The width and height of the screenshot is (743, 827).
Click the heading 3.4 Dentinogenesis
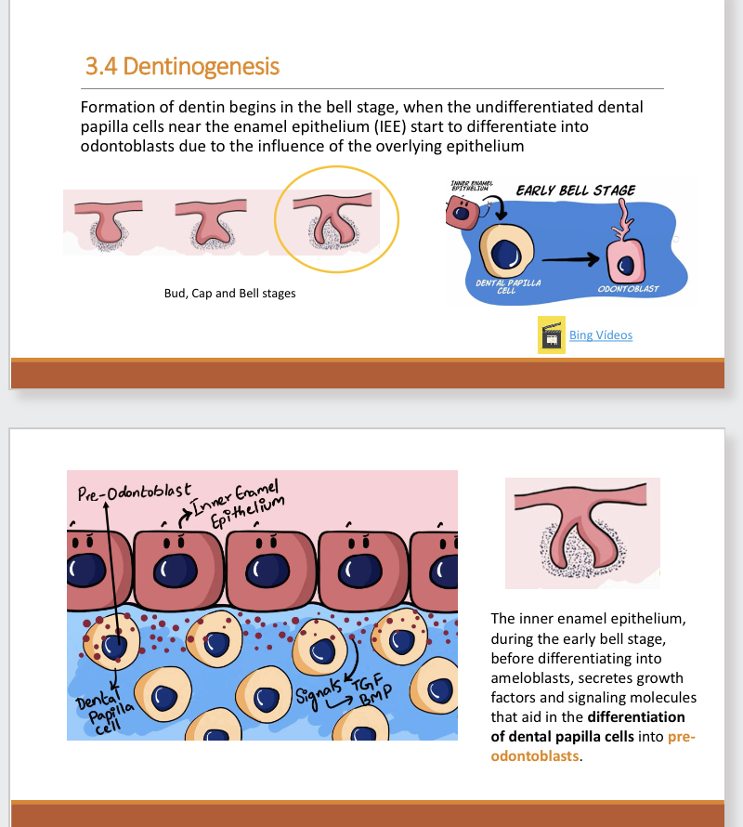(x=182, y=67)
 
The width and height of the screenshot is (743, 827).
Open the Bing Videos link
(x=600, y=335)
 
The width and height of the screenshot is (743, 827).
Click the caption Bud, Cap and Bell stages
(x=229, y=294)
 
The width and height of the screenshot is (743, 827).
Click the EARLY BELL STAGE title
(x=576, y=190)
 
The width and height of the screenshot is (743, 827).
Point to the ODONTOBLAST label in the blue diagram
(x=629, y=289)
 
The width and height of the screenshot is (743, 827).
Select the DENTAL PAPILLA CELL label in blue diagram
(x=507, y=284)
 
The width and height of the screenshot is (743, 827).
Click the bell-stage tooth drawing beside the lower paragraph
(x=582, y=532)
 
